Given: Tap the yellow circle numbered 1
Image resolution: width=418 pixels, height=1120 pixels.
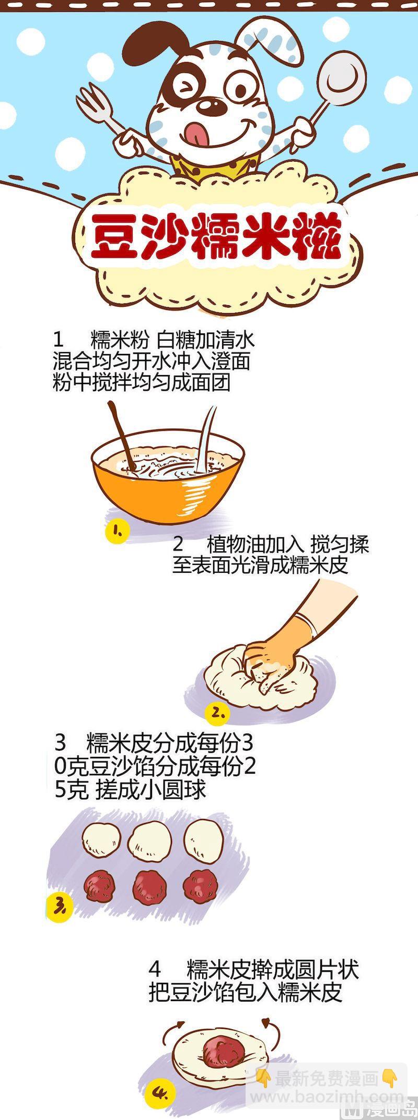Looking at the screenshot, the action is click(x=117, y=531).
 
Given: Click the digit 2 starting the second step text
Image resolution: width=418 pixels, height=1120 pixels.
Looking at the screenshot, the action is click(x=178, y=545).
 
